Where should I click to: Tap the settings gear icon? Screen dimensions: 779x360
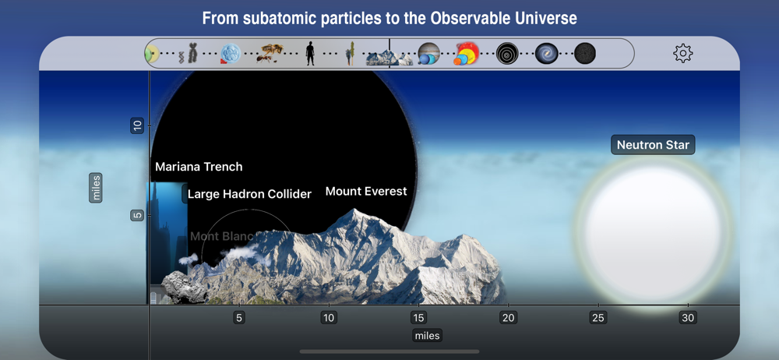(682, 53)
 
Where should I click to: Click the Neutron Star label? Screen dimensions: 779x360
(653, 145)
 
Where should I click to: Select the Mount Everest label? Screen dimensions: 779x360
(366, 192)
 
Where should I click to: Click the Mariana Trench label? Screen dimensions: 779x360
(199, 167)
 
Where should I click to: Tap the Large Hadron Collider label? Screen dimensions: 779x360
(249, 194)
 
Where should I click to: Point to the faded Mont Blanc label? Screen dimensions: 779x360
(222, 236)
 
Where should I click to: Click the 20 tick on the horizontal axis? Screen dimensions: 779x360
(508, 318)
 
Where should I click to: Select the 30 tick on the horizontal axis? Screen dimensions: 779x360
(688, 318)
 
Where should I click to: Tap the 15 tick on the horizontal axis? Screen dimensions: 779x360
(418, 318)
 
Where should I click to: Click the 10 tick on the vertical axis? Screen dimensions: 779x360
(137, 125)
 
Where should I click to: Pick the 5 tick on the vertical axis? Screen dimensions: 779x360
(137, 216)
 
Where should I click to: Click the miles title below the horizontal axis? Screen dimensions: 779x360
(427, 336)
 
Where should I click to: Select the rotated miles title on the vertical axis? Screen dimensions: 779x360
(96, 188)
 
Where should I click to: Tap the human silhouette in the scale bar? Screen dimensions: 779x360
(310, 54)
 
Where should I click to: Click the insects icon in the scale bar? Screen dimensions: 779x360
(270, 54)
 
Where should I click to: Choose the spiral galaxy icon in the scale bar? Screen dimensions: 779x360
(547, 54)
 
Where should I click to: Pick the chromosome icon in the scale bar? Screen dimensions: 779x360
(189, 54)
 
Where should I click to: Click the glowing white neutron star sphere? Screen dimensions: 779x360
(652, 233)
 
